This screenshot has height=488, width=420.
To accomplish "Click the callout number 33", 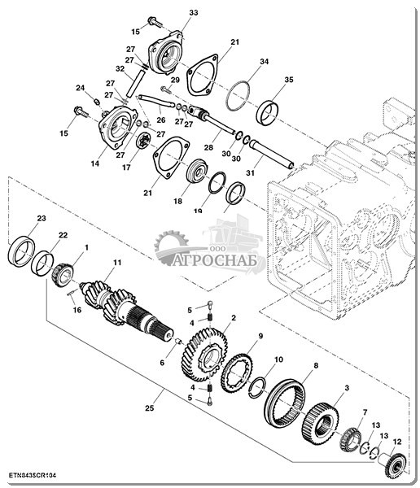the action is (194, 13).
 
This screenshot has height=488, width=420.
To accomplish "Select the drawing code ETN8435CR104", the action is (33, 475).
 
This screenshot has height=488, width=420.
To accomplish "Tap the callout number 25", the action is (149, 407).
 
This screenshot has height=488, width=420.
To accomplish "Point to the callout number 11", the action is (117, 263).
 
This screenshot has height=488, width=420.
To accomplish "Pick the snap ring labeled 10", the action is (257, 387).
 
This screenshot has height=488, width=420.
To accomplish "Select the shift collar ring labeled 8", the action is (285, 403).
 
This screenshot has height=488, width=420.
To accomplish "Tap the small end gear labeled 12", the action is (395, 465).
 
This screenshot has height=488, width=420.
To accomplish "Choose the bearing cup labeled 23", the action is (21, 251).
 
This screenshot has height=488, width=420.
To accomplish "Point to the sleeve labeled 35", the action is (268, 113).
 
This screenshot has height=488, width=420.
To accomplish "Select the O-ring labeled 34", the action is (238, 96).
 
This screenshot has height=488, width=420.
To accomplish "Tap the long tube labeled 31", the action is (272, 154).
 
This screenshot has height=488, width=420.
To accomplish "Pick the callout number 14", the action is (95, 163).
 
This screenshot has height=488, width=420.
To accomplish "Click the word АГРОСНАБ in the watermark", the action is (215, 261).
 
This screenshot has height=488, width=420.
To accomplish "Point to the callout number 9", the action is (260, 336).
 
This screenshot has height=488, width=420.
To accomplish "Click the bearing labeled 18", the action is (197, 171).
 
